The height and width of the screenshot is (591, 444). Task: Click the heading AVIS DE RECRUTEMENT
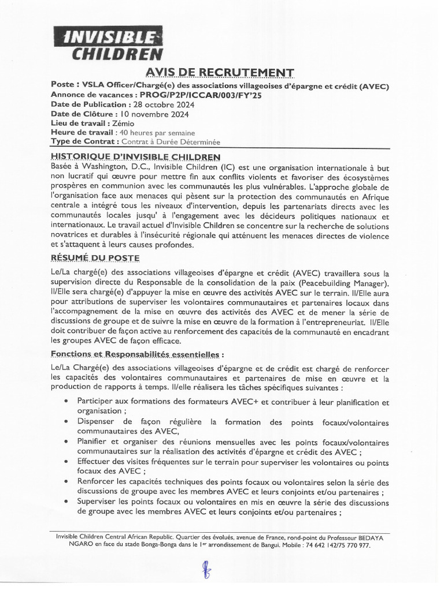(220, 72)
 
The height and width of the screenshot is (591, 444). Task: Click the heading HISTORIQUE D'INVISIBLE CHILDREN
(135, 156)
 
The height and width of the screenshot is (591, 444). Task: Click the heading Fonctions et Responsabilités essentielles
(136, 353)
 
